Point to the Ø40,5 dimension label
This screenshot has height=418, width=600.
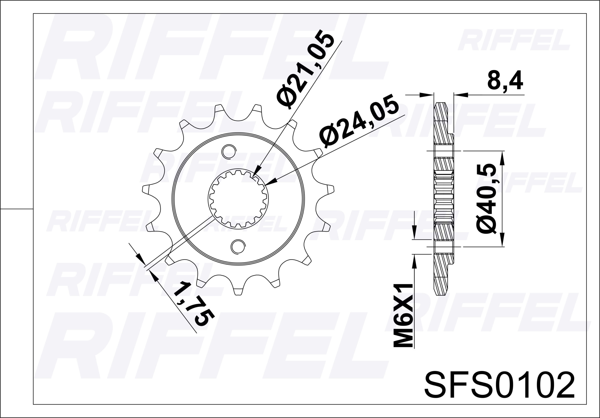[486, 198]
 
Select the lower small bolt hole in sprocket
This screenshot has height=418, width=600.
[238, 246]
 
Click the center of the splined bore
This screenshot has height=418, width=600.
[238, 199]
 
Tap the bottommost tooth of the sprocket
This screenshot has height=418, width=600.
[238, 291]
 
